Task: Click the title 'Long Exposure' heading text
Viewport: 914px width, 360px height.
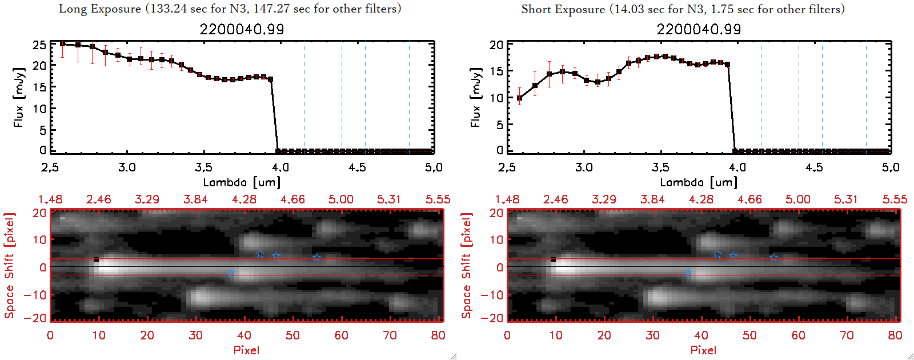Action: pyautogui.click(x=100, y=9)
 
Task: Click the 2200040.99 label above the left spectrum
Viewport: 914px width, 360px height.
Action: pyautogui.click(x=242, y=29)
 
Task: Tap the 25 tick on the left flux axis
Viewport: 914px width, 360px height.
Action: pyautogui.click(x=39, y=45)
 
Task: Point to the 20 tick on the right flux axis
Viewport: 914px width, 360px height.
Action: pyautogui.click(x=496, y=45)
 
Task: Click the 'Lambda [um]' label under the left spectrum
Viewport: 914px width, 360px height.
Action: pyautogui.click(x=242, y=182)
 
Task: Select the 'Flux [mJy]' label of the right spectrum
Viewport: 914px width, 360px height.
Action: pyautogui.click(x=475, y=97)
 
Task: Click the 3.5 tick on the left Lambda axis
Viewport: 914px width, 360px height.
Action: pyautogui.click(x=203, y=167)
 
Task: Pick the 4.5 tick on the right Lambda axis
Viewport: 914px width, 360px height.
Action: pyautogui.click(x=814, y=167)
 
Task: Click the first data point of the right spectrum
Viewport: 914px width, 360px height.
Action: pyautogui.click(x=519, y=98)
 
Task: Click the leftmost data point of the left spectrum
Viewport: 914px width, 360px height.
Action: pyautogui.click(x=62, y=43)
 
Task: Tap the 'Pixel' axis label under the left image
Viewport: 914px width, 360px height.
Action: pyautogui.click(x=246, y=350)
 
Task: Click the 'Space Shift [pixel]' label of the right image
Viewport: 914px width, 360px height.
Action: pyautogui.click(x=467, y=266)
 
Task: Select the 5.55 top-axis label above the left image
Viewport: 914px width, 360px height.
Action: pyautogui.click(x=438, y=199)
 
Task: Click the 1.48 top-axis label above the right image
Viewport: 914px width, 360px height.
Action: pyautogui.click(x=507, y=199)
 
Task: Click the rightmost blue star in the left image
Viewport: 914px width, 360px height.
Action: pyautogui.click(x=316, y=257)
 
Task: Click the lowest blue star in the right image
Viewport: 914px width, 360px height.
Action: pyautogui.click(x=688, y=274)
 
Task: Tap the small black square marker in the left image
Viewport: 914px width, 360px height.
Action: pyautogui.click(x=97, y=260)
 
